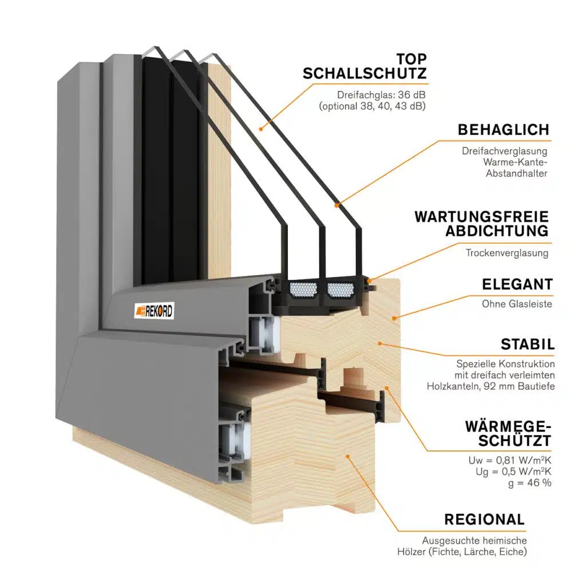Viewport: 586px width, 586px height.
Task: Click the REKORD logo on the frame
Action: (x=154, y=311)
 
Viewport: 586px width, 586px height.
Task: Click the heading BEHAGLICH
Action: (x=504, y=130)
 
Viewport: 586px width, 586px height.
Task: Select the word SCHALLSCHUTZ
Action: (x=365, y=74)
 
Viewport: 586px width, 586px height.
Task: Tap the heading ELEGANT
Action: (x=517, y=284)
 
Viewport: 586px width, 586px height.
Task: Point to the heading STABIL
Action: (x=527, y=345)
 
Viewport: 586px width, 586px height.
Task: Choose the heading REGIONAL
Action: (x=484, y=520)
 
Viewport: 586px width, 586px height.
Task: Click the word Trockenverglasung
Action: (x=507, y=253)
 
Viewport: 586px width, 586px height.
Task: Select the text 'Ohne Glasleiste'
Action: (x=517, y=304)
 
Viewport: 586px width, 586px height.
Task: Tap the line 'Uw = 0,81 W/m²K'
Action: (x=510, y=461)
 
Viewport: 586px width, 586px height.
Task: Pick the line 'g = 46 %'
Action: (x=530, y=483)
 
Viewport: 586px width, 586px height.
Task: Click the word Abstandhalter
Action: (x=517, y=173)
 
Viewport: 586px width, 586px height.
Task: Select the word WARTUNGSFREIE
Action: (x=481, y=217)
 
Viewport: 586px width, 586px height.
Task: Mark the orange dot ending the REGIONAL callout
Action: (x=347, y=456)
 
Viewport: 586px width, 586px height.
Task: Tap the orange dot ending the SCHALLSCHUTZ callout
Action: (x=261, y=129)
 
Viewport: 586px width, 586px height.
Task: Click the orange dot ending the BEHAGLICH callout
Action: (x=336, y=205)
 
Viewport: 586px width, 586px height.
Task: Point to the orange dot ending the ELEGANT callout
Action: (x=394, y=318)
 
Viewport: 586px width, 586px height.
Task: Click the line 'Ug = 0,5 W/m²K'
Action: (x=513, y=472)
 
